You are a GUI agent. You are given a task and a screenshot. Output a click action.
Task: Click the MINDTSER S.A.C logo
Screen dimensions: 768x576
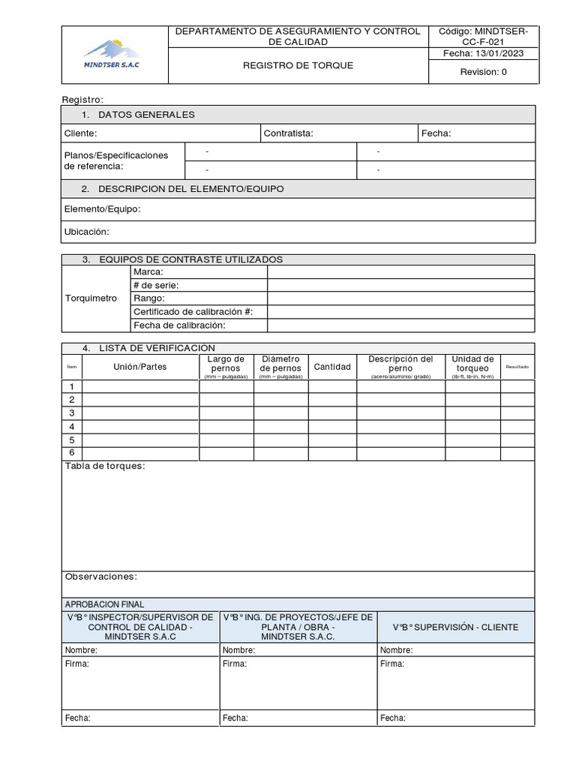tap(112, 54)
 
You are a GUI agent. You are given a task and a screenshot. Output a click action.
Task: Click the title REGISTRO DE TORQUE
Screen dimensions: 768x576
tap(298, 65)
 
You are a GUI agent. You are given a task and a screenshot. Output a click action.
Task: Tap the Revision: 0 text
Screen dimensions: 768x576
tap(483, 72)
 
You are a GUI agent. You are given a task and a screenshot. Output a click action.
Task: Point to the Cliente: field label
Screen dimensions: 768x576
tap(81, 133)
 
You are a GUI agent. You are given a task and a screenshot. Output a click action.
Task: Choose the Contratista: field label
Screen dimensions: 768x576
tap(289, 133)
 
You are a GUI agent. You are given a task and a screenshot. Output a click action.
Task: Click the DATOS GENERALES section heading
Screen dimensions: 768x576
tap(145, 115)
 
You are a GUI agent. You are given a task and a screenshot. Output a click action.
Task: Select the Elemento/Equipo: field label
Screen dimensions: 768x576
tap(103, 209)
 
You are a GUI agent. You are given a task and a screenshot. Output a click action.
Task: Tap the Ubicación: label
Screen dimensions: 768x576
tap(87, 232)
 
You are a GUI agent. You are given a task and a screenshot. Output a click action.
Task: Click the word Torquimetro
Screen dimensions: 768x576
tap(91, 298)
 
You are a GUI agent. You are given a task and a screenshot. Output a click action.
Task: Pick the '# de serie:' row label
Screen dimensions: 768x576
tap(156, 285)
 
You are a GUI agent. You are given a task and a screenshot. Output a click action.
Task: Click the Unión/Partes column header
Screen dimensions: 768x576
tap(140, 367)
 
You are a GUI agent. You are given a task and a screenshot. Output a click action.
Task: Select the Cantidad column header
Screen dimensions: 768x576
tap(332, 367)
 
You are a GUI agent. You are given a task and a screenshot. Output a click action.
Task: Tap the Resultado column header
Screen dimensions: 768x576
tap(517, 367)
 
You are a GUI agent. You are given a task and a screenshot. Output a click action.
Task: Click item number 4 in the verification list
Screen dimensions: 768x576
tap(72, 427)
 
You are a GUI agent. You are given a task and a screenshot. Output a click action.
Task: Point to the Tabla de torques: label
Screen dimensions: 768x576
tap(105, 466)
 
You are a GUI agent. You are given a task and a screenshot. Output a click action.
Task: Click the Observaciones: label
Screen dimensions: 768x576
tap(101, 577)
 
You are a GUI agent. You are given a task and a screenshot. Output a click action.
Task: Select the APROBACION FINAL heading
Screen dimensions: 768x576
tap(105, 604)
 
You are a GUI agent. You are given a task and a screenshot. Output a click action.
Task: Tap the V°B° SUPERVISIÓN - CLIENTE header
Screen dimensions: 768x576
tap(455, 627)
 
